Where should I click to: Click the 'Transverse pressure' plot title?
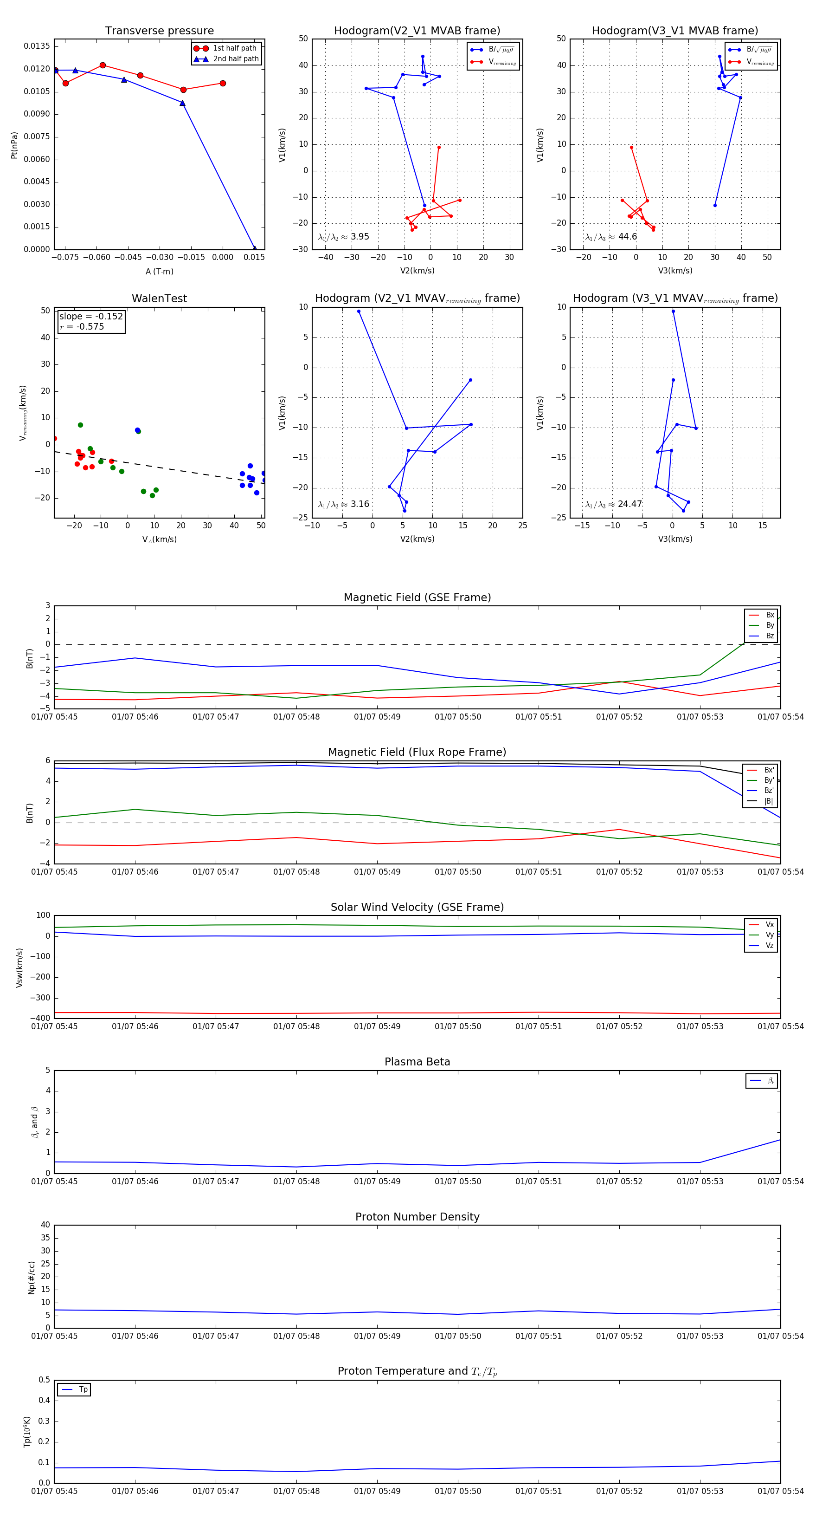click(159, 31)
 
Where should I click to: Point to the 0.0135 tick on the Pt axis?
click(37, 46)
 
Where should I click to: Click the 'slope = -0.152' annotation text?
click(91, 317)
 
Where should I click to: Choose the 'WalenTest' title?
click(159, 299)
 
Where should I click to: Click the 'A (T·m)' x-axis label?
click(159, 271)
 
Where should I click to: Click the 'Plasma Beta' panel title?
click(417, 1062)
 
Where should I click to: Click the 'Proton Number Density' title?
click(417, 1216)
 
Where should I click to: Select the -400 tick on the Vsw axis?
click(42, 1018)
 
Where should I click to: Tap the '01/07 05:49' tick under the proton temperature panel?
click(377, 1491)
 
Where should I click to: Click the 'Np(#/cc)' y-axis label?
click(32, 1277)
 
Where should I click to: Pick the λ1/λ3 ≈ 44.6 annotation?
click(611, 237)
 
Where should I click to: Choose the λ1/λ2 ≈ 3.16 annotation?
click(343, 504)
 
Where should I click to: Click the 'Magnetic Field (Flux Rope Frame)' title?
click(417, 753)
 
